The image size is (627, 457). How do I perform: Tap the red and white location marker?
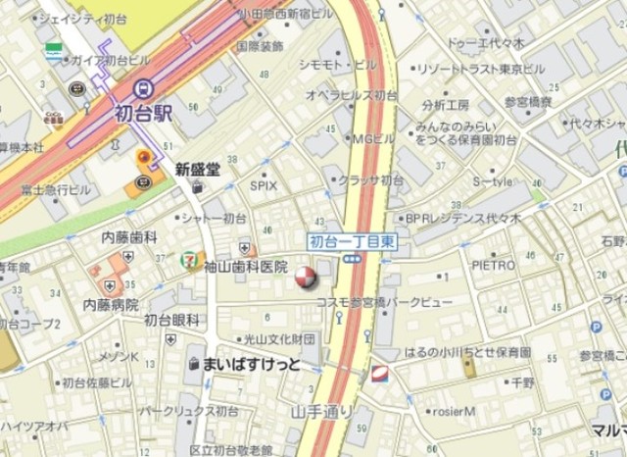306,278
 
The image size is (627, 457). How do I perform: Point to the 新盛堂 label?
198,169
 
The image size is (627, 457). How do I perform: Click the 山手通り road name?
321,410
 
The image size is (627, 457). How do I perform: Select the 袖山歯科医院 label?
246,267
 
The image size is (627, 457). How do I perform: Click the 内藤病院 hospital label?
111,304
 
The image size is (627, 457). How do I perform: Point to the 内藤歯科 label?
130,237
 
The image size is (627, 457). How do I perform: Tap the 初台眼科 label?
171,320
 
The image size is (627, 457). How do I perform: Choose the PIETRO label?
494,265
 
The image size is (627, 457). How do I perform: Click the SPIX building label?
264,184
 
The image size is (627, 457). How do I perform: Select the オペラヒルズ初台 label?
352,95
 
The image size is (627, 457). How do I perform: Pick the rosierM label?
452,411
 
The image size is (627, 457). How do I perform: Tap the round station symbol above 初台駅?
144,87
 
